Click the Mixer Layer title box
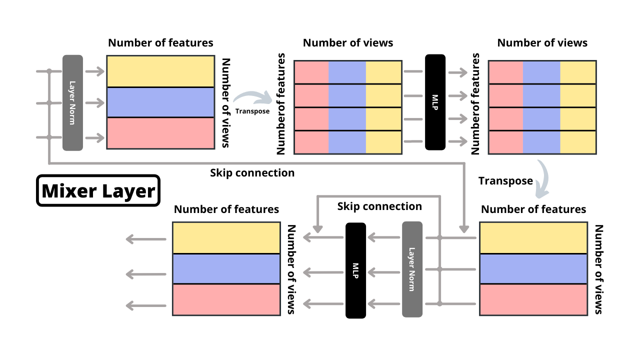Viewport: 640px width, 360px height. click(x=98, y=190)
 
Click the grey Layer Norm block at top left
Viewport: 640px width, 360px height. click(x=72, y=102)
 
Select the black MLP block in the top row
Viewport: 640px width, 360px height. click(x=435, y=102)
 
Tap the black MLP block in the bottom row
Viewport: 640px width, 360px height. click(x=356, y=270)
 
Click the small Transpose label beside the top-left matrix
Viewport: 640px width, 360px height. click(x=252, y=111)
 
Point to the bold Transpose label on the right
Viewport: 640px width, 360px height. click(x=505, y=181)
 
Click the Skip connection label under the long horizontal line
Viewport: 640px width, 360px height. click(x=252, y=173)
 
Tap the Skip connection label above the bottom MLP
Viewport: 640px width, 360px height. click(x=379, y=206)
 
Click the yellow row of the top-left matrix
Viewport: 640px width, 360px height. click(x=160, y=71)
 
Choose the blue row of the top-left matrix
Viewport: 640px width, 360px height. click(x=160, y=102)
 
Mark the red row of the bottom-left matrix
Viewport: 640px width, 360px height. click(x=226, y=299)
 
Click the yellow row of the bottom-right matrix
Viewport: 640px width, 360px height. click(x=533, y=237)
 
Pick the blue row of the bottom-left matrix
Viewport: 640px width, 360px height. click(x=226, y=269)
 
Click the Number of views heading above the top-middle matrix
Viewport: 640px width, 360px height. click(x=348, y=43)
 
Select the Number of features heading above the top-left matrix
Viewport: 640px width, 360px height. click(x=160, y=43)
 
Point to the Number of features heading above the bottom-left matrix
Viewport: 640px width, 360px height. click(x=226, y=209)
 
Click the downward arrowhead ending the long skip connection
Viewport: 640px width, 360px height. click(x=464, y=229)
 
